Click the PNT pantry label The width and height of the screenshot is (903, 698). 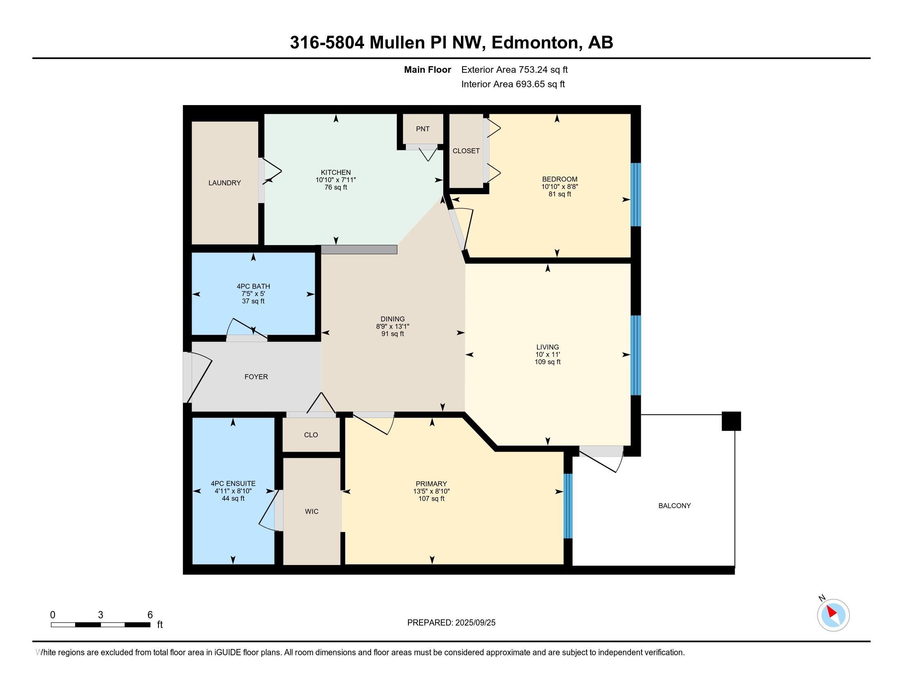[x=422, y=129]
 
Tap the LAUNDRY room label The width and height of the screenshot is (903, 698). [x=225, y=183]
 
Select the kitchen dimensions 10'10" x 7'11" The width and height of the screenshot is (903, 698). [x=336, y=180]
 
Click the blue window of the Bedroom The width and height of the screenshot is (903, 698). [x=636, y=194]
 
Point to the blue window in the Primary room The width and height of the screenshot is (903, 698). [x=568, y=506]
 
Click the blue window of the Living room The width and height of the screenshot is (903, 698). [x=636, y=355]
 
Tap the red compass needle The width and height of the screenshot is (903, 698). [x=832, y=611]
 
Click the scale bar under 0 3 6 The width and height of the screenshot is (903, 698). [x=101, y=625]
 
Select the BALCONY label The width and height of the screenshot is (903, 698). [x=674, y=506]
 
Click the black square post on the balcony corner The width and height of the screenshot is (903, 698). [x=731, y=421]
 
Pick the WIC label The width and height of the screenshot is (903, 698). [x=312, y=512]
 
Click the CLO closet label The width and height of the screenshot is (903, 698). [x=311, y=435]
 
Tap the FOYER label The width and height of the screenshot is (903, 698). [x=257, y=377]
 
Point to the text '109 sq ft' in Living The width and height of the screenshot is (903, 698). [x=548, y=362]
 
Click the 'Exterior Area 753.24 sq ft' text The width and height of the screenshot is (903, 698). [x=514, y=70]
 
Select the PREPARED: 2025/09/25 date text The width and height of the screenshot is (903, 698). [x=451, y=622]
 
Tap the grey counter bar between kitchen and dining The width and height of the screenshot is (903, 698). [x=359, y=249]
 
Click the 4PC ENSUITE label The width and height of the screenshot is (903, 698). [x=233, y=483]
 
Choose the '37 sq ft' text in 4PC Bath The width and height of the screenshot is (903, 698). [x=253, y=301]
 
